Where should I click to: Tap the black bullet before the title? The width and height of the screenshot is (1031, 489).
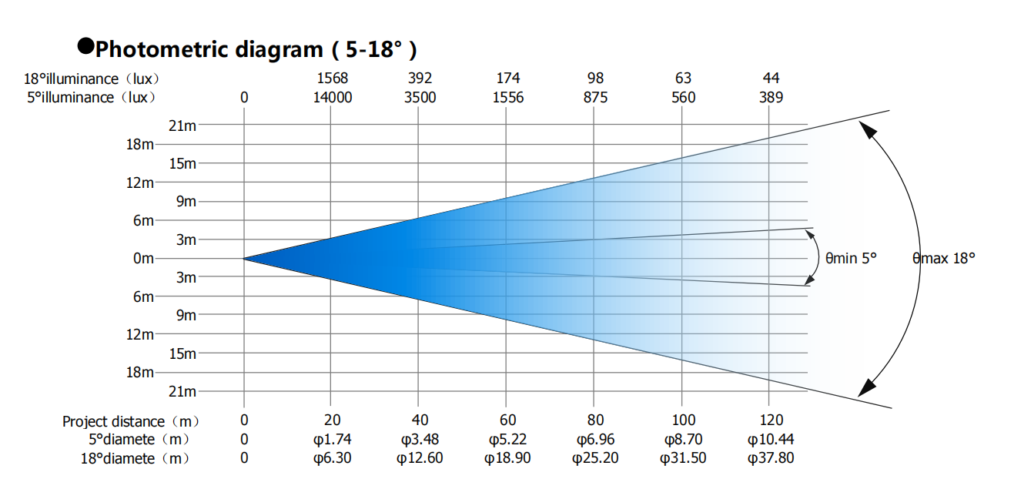pos(85,46)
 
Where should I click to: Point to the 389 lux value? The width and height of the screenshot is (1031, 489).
pos(771,98)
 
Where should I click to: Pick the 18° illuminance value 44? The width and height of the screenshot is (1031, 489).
pos(771,79)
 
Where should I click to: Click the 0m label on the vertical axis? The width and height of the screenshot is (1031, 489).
pos(144,259)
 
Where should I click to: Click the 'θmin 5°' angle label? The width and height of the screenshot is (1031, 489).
pos(851,259)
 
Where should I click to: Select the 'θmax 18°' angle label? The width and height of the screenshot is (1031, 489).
pos(944,259)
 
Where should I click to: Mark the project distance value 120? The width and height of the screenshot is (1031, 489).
pos(771,420)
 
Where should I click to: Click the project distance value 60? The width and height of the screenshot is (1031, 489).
pos(507,420)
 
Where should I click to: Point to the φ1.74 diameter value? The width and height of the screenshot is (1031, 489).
pos(332,440)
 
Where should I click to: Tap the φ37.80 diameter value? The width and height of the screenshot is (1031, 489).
pos(771,459)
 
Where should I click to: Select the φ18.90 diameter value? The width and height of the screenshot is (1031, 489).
pos(507,459)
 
